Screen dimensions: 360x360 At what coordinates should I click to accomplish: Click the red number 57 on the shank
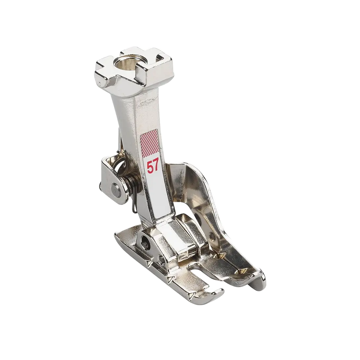tap(153, 167)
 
